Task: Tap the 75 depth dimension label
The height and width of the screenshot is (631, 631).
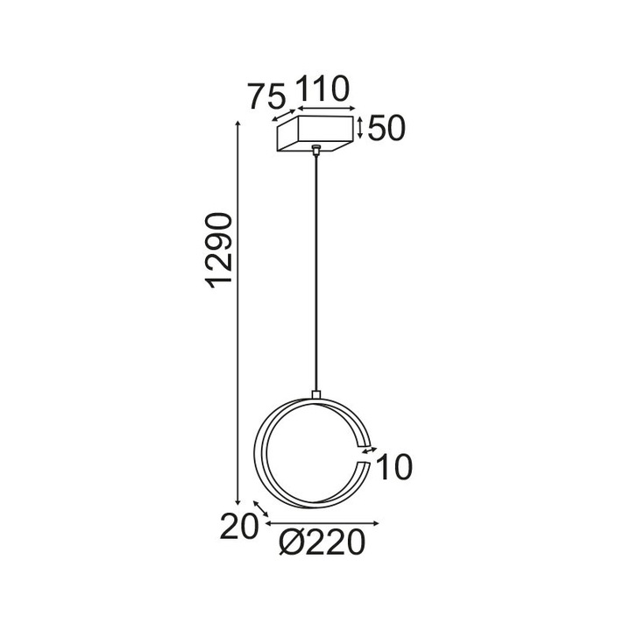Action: (x=266, y=96)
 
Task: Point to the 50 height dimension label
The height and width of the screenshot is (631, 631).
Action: (x=386, y=129)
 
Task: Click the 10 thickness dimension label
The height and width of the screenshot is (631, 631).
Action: (x=393, y=468)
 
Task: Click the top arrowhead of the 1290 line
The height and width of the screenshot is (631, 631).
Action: (x=239, y=124)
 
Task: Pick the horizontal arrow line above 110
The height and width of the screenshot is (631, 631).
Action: (x=329, y=109)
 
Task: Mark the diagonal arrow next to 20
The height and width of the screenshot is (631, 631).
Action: (x=260, y=509)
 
